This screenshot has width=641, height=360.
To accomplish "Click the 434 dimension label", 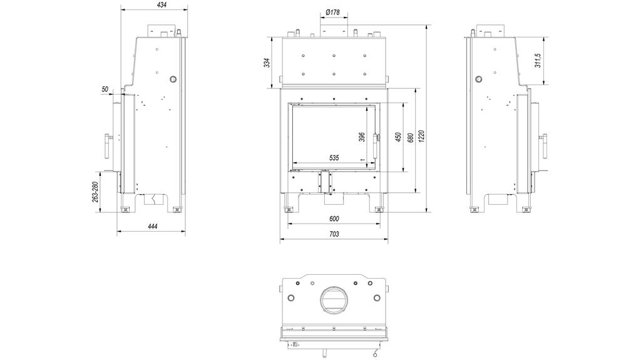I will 162,5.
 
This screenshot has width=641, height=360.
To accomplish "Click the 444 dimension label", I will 152,226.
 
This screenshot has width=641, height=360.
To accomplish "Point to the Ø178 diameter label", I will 333,13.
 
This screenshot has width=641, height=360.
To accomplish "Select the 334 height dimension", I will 266,63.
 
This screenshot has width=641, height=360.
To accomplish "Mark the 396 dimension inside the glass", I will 361,137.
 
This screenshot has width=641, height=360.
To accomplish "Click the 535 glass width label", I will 334,158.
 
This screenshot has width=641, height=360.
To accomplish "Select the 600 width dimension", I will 334,219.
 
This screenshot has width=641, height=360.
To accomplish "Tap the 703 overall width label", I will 334,234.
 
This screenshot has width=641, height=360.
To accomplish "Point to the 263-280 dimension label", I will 95,192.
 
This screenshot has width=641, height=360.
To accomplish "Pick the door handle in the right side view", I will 544,147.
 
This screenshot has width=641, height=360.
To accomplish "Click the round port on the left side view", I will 172,80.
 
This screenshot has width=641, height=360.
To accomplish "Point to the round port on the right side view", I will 479,80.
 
